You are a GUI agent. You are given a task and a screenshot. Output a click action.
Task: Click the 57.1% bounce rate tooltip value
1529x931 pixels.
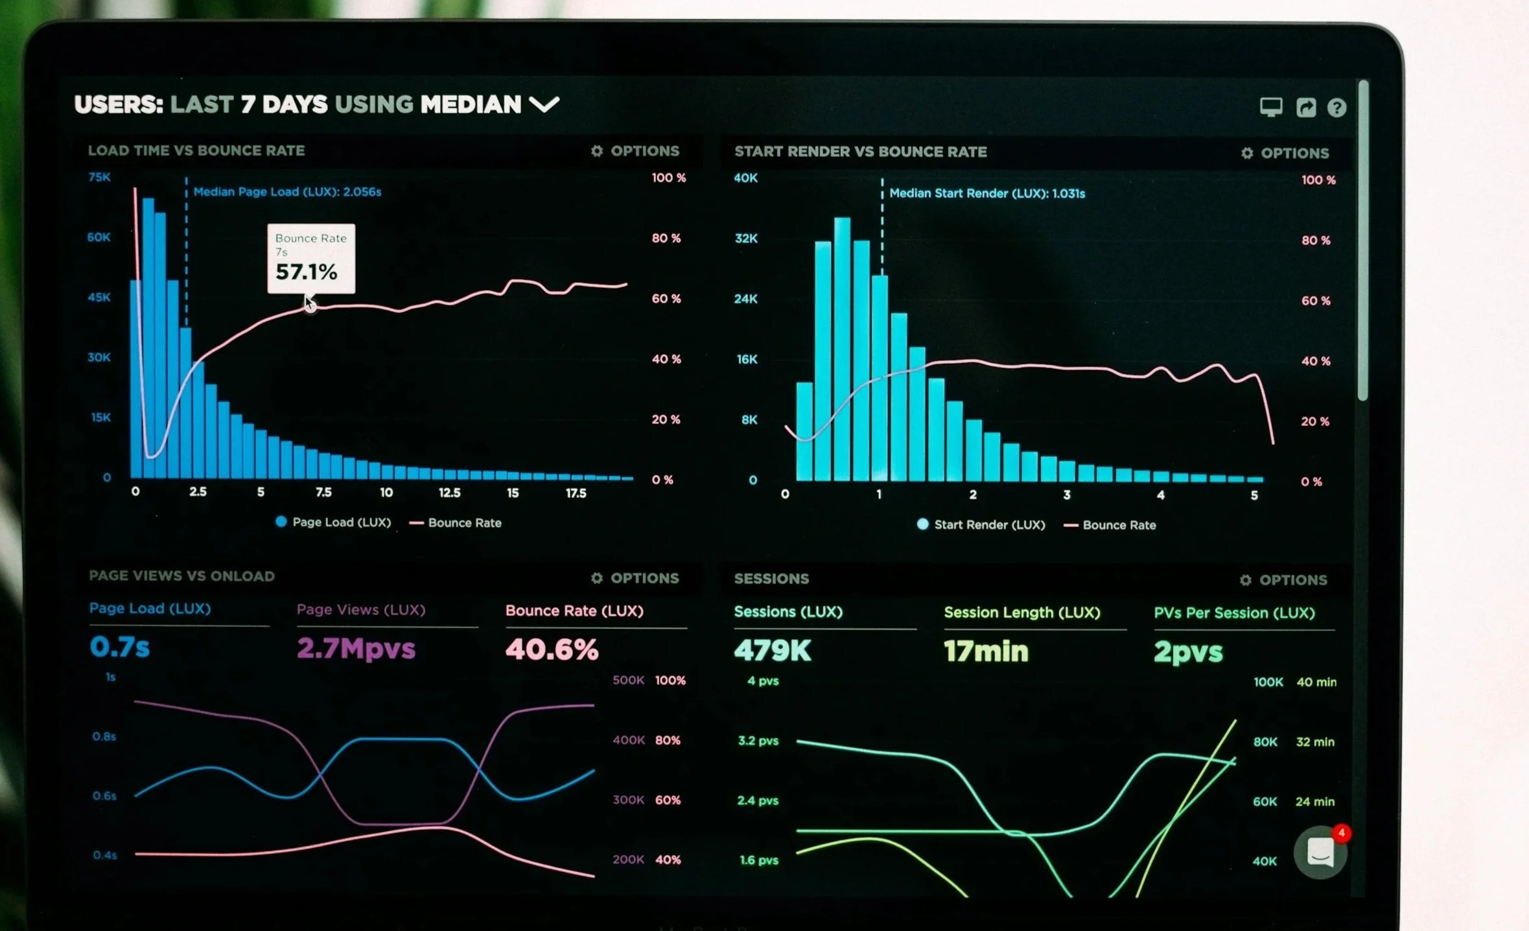pos(306,272)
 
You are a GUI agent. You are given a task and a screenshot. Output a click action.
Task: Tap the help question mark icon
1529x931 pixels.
pos(1336,108)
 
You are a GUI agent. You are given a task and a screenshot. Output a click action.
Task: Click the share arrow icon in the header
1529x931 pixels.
pos(1305,107)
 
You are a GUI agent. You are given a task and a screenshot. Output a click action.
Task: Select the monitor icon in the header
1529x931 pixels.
pos(1270,106)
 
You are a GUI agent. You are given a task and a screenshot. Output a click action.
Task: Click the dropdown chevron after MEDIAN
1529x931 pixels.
pos(544,104)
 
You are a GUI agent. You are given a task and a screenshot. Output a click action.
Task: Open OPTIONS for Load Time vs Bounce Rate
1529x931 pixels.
pos(635,151)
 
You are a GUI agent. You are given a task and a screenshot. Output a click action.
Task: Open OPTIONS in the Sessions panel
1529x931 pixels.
pos(1284,580)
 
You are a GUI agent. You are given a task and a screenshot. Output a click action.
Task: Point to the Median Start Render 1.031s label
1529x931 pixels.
pos(986,193)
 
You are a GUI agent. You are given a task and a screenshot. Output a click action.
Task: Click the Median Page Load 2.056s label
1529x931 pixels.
pos(287,192)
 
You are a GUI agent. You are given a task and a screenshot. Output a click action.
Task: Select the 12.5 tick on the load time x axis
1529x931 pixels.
pos(449,493)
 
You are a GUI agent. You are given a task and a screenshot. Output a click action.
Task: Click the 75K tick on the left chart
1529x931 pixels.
pos(99,177)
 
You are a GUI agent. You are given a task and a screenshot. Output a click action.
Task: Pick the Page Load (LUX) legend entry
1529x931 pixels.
pos(334,523)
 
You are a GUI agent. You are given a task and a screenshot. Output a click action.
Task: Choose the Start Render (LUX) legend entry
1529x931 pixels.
pos(981,525)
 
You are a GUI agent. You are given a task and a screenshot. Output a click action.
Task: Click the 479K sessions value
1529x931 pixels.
pos(772,650)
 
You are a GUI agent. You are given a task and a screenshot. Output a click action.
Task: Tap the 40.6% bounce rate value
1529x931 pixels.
pos(552,649)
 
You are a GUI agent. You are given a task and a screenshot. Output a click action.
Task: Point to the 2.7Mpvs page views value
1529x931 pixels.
pos(356,648)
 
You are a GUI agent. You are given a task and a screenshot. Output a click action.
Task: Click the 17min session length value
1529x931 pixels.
pos(985,651)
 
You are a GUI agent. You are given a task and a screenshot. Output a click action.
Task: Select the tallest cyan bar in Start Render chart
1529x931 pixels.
pos(842,350)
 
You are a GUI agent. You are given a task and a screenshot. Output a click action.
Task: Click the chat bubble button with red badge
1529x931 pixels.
pos(1320,853)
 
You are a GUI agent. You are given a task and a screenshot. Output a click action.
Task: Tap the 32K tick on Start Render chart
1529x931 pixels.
pos(745,239)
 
